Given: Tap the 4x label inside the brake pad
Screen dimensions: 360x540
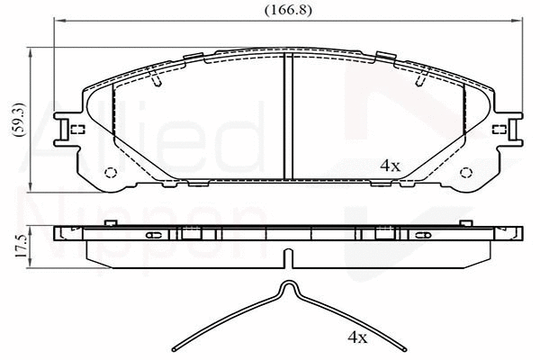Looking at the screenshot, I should pyautogui.click(x=389, y=166).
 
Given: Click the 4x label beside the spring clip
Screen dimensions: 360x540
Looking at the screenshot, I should pyautogui.click(x=358, y=337).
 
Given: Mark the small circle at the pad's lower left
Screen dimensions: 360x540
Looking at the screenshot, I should pyautogui.click(x=112, y=173).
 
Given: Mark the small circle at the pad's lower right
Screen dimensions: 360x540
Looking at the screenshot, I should pyautogui.click(x=466, y=173).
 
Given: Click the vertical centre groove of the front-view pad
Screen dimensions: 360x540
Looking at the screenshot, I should pyautogui.click(x=287, y=117).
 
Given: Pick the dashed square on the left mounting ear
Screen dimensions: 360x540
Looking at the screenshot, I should pyautogui.click(x=77, y=129).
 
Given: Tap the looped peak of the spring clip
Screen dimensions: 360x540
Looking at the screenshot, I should pyautogui.click(x=288, y=288).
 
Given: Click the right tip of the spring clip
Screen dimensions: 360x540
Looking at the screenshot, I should pyautogui.click(x=402, y=350).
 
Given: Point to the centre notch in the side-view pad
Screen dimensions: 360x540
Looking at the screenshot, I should pyautogui.click(x=288, y=258).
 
